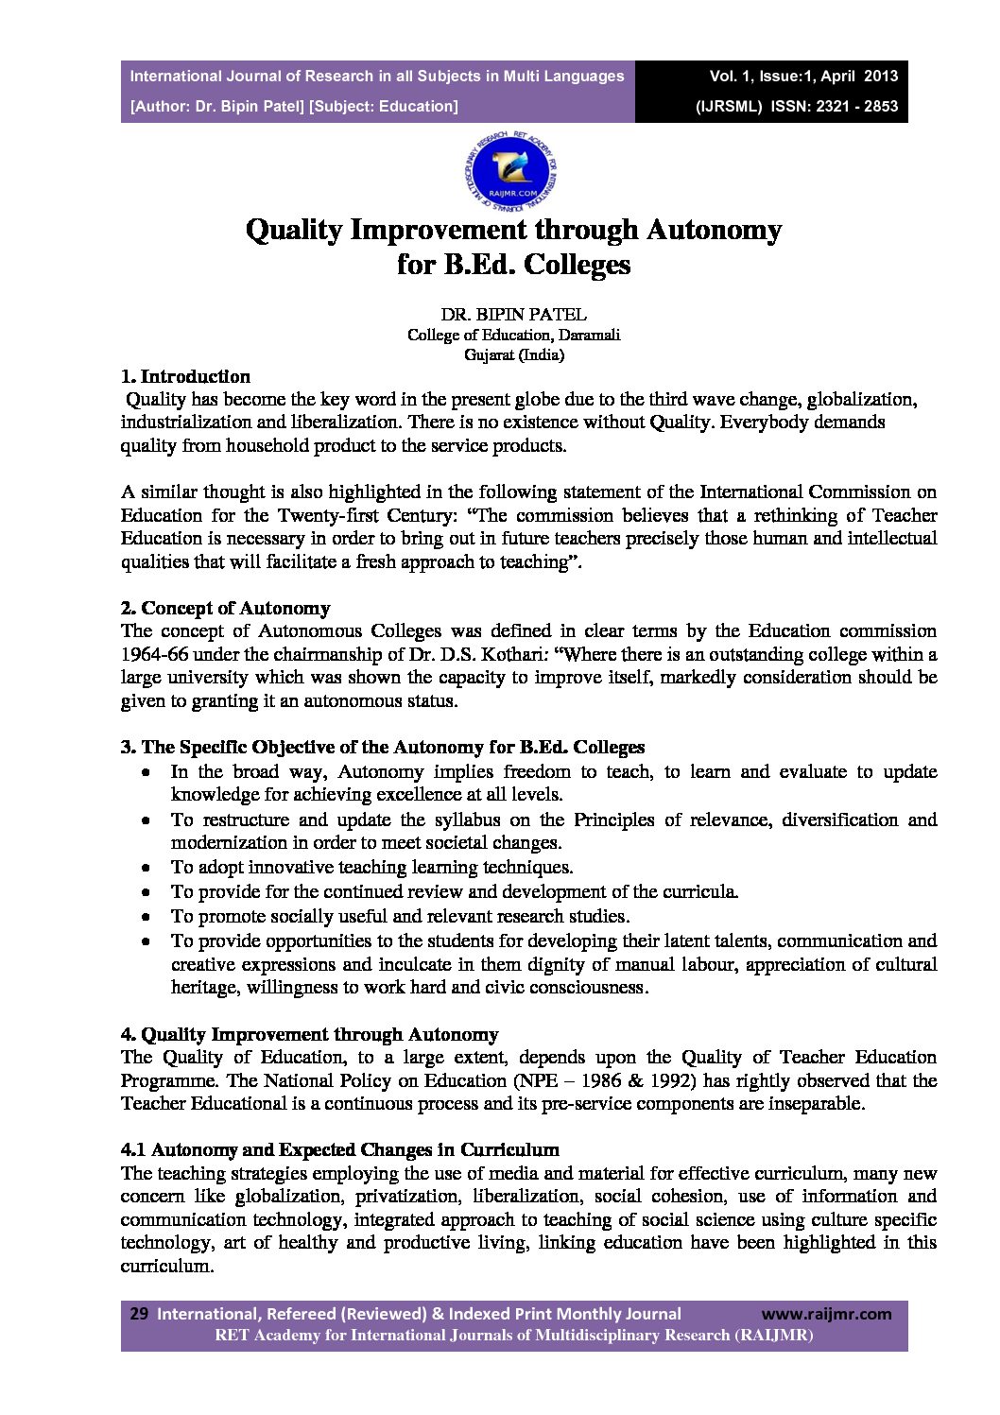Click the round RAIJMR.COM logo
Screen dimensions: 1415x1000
512,170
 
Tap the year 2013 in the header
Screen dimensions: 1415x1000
880,77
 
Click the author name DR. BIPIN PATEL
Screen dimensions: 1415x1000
513,314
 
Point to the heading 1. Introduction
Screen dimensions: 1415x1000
185,376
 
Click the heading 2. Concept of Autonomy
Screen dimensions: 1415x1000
225,608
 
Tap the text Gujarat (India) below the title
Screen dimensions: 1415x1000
513,355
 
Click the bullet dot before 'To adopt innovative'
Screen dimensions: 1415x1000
146,867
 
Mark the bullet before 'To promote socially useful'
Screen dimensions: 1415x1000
146,916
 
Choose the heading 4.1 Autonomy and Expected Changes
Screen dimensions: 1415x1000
339,1149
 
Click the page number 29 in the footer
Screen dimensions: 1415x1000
139,1313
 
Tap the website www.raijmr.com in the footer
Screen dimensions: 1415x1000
826,1313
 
